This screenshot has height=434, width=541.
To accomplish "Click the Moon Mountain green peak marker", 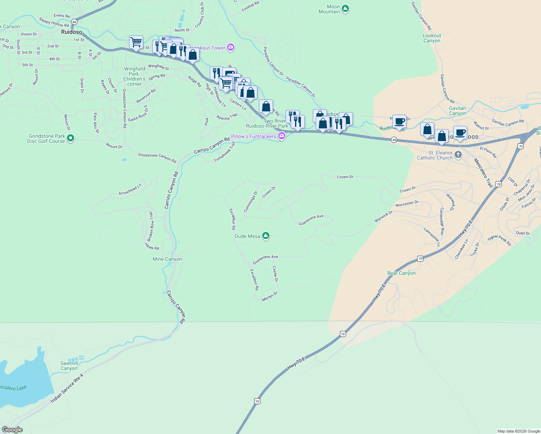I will point(345,8).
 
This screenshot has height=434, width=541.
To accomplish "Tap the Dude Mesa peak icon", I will point(266,236).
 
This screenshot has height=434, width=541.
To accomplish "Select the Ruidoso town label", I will point(72,32).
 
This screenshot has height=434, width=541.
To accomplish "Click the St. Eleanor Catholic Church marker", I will point(458,155).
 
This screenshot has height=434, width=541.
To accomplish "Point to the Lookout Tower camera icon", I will point(231,47).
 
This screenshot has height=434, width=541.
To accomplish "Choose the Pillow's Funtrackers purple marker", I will point(282,136).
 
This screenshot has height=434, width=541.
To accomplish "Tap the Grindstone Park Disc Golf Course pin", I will point(71,138).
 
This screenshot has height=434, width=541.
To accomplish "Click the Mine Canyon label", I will point(167,259).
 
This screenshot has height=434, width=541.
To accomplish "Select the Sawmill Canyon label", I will point(69,366).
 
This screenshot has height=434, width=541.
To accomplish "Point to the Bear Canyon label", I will point(401,273).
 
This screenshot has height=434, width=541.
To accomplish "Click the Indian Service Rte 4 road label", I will point(67,388).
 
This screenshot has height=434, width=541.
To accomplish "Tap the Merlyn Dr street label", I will point(270,296).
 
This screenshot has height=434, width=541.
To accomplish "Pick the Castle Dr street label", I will point(275,274).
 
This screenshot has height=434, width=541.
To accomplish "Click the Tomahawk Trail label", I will point(225,152).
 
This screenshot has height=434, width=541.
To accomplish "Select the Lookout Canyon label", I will point(432,38).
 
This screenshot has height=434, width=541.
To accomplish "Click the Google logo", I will point(12,430).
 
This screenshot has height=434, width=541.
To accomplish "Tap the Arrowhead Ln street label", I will point(130,190).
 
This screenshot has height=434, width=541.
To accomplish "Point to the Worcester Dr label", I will point(407,204).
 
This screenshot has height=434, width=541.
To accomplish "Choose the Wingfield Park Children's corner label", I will point(135,76).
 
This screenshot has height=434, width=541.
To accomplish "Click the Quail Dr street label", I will point(523,233).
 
